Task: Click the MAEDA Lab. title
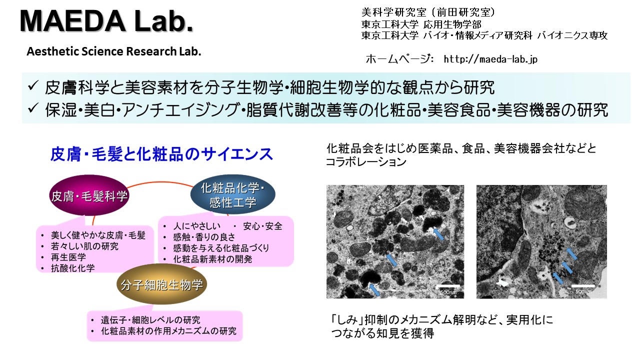[106, 21]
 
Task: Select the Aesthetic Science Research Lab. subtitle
[114, 51]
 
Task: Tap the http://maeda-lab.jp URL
[490, 59]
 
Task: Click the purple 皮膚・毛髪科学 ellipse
[89, 195]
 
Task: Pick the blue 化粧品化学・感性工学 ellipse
[233, 194]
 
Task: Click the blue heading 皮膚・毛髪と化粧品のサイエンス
[161, 154]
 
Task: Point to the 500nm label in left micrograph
[448, 292]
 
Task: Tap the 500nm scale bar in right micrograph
[583, 286]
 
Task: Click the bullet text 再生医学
[68, 257]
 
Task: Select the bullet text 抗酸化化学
[73, 268]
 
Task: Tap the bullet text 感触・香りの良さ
[204, 237]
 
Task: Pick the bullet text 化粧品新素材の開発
[212, 259]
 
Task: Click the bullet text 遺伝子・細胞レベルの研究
[150, 320]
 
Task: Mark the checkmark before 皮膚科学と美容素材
[33, 85]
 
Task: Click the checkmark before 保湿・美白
[33, 108]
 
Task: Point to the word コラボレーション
[366, 162]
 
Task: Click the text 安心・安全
[262, 226]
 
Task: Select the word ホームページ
[399, 59]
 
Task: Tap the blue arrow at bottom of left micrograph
[374, 289]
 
